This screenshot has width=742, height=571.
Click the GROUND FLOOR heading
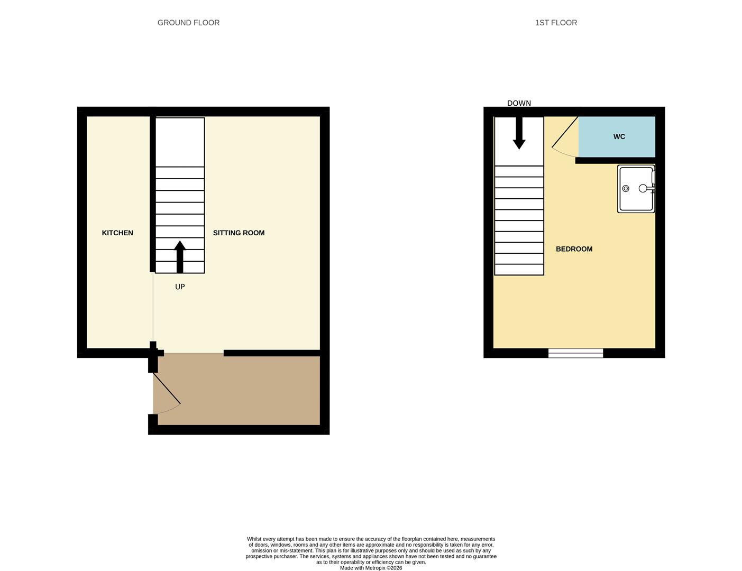coord(188,23)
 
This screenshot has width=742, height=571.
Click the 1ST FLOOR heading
coord(556,23)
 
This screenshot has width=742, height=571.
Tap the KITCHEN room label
coord(117,233)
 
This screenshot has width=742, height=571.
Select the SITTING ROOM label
coord(239,233)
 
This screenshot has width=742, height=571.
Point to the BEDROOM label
coord(574,249)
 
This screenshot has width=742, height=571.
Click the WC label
coord(619,137)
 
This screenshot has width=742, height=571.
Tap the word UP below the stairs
coord(180,287)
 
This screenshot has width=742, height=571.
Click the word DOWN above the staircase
coord(519,103)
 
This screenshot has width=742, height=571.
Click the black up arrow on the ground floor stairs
coord(180,256)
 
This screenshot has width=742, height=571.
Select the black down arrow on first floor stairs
coord(519,133)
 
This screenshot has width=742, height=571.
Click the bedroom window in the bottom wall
coord(575,353)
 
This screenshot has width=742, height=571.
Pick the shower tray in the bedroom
coord(636,189)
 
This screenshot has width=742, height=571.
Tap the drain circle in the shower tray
coord(626,188)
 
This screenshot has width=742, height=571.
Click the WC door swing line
coord(565,132)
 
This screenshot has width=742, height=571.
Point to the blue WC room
coord(617,136)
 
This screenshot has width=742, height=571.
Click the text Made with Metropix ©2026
coord(371,568)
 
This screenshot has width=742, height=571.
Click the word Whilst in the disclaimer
coord(254,539)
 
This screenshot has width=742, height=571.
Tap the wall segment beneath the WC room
coord(615,160)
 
